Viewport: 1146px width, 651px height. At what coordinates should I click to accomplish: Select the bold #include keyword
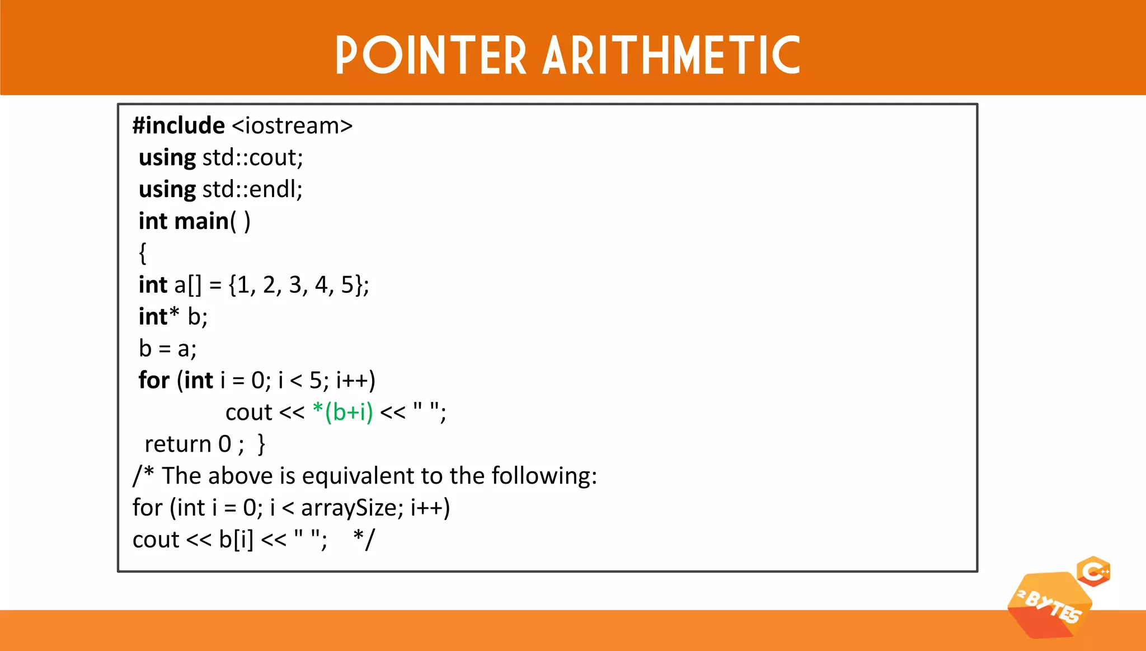179,125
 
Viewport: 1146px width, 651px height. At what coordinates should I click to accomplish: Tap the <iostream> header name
292,126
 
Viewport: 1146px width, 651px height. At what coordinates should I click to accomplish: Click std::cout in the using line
252,158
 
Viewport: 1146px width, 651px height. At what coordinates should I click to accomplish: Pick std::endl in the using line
252,190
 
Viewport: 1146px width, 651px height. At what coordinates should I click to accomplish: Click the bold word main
201,221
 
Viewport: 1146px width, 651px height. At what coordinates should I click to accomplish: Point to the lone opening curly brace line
143,253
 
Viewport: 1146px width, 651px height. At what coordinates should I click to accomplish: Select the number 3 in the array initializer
295,285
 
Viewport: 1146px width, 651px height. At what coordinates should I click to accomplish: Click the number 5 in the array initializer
347,285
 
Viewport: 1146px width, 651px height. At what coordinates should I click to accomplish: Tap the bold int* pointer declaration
159,317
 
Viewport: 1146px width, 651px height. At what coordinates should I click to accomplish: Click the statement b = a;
167,349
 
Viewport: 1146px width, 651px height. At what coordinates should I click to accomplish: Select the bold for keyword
154,381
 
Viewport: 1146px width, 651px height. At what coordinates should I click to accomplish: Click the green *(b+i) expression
342,413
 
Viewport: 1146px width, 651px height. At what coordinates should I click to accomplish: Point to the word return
177,444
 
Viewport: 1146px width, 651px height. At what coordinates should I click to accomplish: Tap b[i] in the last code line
236,540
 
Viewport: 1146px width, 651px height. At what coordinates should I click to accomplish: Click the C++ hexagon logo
1093,572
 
